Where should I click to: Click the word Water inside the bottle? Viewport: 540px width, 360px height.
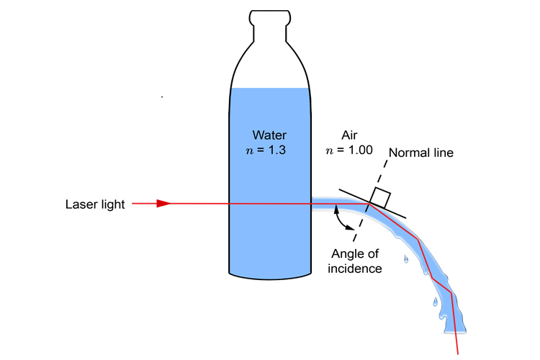click(269, 135)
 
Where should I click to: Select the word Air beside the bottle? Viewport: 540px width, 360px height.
click(349, 135)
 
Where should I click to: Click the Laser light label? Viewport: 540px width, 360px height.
click(94, 204)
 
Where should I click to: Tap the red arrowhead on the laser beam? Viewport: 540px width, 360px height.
click(163, 204)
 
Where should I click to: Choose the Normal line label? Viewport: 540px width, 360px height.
click(420, 153)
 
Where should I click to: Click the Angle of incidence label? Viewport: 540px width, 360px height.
click(356, 261)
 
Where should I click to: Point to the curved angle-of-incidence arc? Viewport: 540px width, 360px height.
click(342, 220)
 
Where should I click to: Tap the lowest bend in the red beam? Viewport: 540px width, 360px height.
click(451, 292)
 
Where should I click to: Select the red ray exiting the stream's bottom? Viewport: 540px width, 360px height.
click(456, 338)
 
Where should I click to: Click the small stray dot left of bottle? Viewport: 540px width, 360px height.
click(162, 96)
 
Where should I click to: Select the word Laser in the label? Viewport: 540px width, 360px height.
click(78, 204)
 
